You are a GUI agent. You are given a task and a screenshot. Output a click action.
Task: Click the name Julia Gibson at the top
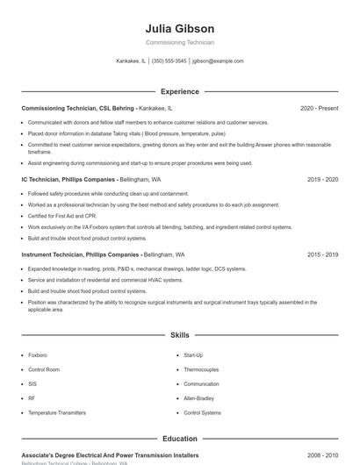tap(179, 29)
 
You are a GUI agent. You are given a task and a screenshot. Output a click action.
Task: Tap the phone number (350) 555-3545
tap(169, 61)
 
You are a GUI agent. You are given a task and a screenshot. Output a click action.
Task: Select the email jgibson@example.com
tap(218, 61)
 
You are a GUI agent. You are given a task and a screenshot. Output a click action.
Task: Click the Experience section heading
tap(179, 91)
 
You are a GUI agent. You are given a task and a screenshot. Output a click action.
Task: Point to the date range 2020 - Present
tap(319, 108)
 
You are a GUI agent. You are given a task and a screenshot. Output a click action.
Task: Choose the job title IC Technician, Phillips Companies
tap(68, 179)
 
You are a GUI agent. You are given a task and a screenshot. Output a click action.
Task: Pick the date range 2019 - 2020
tap(322, 179)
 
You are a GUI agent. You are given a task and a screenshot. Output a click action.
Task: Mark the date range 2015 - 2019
tap(322, 254)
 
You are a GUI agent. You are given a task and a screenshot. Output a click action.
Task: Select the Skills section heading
tap(179, 335)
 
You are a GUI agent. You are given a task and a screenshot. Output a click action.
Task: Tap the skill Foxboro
tap(38, 355)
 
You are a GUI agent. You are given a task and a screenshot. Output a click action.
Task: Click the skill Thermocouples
tap(201, 369)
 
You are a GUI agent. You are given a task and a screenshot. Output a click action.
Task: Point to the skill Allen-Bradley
tap(200, 398)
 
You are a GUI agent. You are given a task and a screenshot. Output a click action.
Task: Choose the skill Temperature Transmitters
tap(57, 412)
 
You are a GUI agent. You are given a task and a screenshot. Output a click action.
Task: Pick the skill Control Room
tap(44, 369)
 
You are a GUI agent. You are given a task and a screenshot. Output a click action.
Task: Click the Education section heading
tap(179, 439)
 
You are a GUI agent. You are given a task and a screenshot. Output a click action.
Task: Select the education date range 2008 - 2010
tap(322, 455)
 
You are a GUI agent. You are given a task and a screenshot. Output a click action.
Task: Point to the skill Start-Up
tap(193, 355)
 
